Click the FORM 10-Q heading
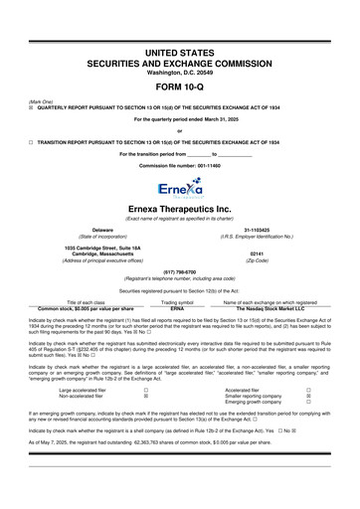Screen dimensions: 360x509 pos(180,86)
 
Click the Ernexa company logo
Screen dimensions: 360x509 pos(180,186)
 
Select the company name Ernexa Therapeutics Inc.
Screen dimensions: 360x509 pos(180,209)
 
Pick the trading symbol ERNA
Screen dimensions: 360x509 pos(177,309)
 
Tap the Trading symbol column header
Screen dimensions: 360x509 pos(177,302)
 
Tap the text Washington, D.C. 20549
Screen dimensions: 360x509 pos(180,73)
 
